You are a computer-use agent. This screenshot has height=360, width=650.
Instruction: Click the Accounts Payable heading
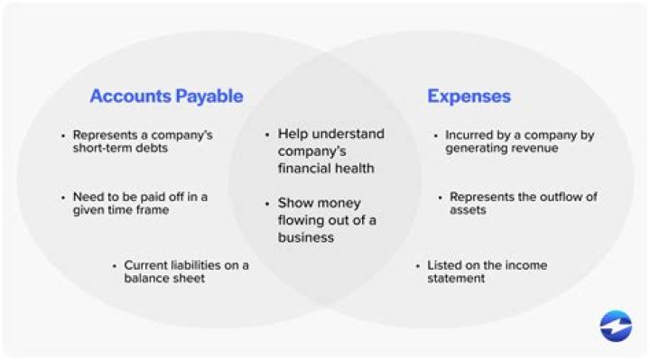(x=166, y=97)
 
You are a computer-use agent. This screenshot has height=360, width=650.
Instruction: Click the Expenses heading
(x=469, y=97)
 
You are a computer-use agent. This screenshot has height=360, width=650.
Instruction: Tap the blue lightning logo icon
(x=616, y=326)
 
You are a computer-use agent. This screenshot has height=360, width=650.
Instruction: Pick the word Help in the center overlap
(x=293, y=134)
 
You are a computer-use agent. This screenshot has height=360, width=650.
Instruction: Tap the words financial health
(x=326, y=168)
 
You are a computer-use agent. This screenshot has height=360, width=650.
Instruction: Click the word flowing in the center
(x=302, y=220)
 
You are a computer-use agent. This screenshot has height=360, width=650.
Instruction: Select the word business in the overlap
(x=306, y=237)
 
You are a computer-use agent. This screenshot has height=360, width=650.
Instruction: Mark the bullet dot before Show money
(x=268, y=204)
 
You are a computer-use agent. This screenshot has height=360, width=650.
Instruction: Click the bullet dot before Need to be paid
(x=62, y=197)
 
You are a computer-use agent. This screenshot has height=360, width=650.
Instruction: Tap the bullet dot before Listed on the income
(x=418, y=265)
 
